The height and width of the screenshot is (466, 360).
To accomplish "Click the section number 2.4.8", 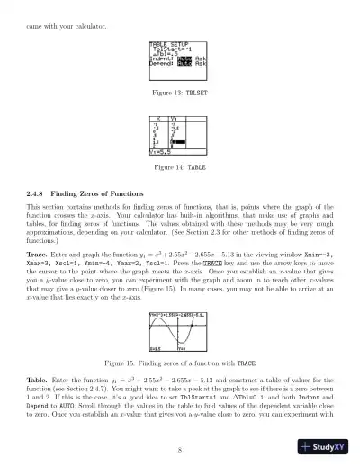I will point(40,193).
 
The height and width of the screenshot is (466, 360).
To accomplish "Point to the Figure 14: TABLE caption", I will point(180,167).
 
